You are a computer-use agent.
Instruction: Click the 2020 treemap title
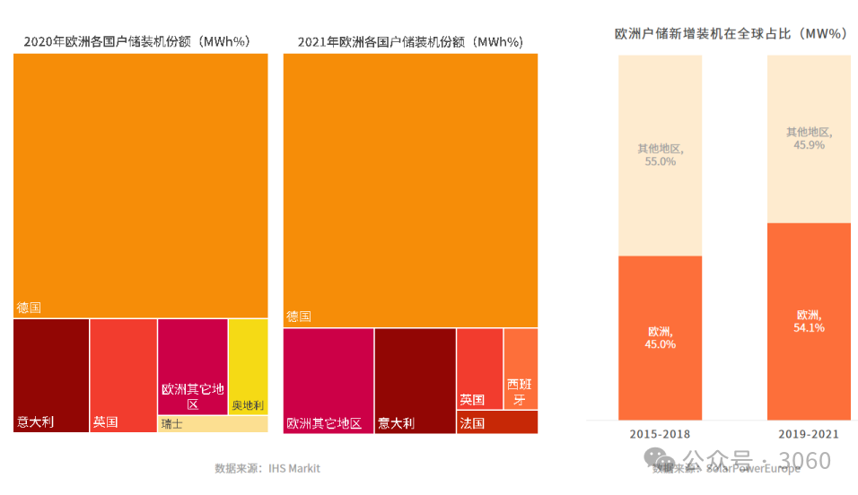pos(136,41)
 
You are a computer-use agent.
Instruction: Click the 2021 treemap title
pos(410,41)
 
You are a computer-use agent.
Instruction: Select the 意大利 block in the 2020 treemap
pos(51,375)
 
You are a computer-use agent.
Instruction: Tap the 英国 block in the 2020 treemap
pos(124,375)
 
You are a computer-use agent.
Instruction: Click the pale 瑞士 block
pos(213,424)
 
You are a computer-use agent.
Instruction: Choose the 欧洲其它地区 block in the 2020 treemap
pos(192,366)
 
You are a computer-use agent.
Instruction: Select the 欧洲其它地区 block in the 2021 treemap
pos(328,380)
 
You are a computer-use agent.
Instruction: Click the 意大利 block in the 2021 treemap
pos(415,380)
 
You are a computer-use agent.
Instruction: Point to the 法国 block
pos(497,422)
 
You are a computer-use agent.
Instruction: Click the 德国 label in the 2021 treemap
pos(299,317)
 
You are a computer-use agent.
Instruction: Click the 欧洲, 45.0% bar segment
pos(660,337)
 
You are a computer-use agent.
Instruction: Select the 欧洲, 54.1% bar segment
pos(809,321)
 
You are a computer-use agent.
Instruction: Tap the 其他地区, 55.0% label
pos(660,155)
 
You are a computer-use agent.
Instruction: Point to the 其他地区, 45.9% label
pos(809,138)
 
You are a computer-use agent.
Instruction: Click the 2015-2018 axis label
pos(660,435)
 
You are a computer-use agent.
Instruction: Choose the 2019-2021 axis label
pos(809,435)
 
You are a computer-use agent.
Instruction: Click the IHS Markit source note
pos(267,468)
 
